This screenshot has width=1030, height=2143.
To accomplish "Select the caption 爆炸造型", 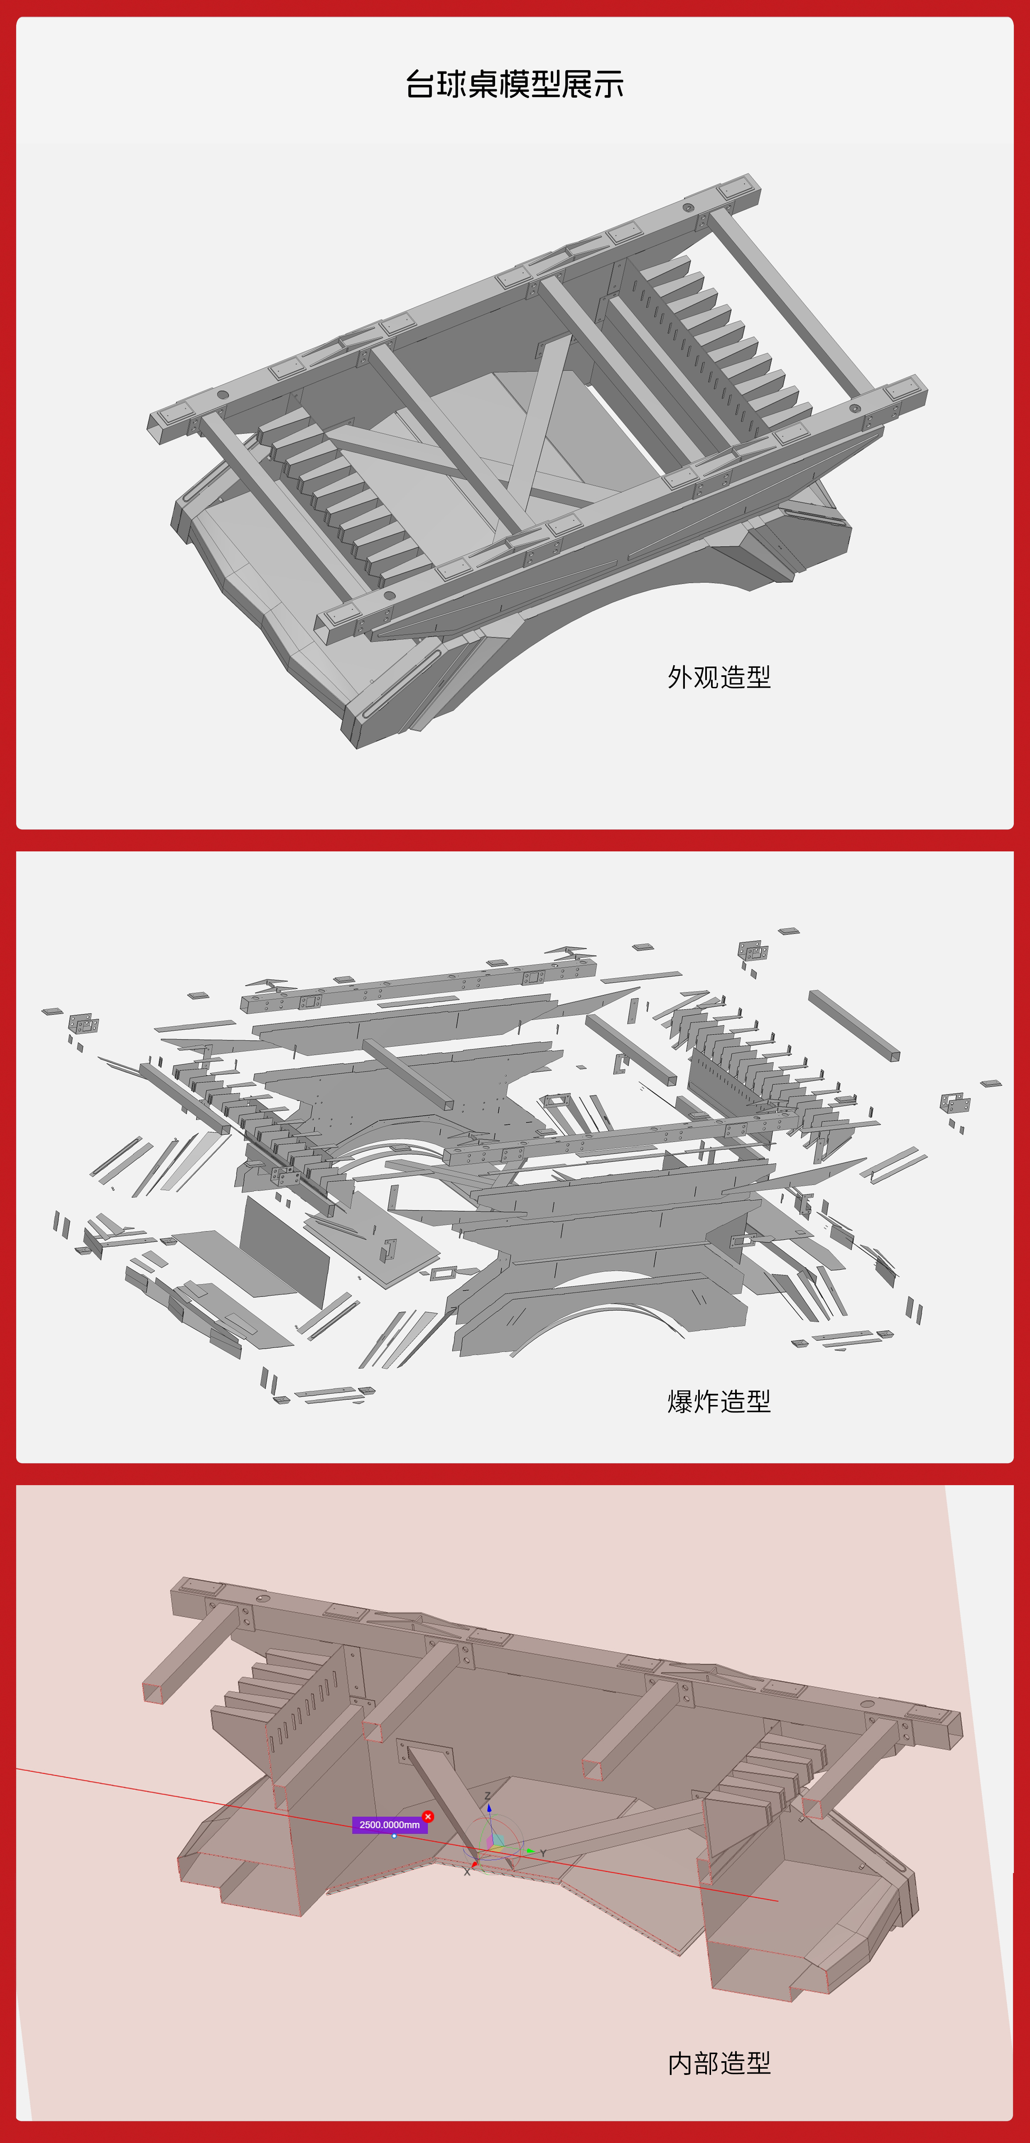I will point(719,1401).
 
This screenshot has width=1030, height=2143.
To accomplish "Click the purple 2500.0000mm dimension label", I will point(390,1824).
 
